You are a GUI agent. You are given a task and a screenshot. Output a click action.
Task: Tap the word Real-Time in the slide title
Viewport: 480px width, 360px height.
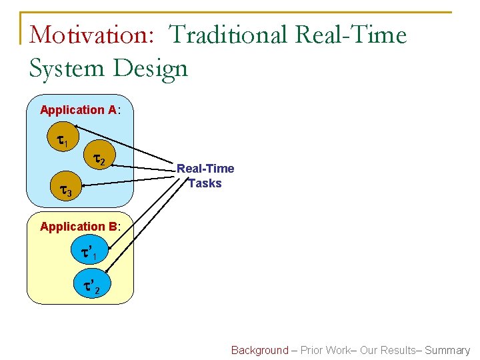click(357, 35)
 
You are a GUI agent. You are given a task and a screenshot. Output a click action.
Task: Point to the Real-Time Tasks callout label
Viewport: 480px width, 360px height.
click(205, 176)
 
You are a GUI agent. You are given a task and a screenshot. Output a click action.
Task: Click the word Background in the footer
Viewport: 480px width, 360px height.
click(260, 350)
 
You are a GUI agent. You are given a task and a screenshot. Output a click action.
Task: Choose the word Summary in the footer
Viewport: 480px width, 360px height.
click(448, 350)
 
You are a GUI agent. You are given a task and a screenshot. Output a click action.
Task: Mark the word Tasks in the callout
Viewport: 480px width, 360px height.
click(205, 183)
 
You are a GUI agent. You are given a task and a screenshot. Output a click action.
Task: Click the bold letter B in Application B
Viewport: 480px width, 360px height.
click(113, 227)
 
